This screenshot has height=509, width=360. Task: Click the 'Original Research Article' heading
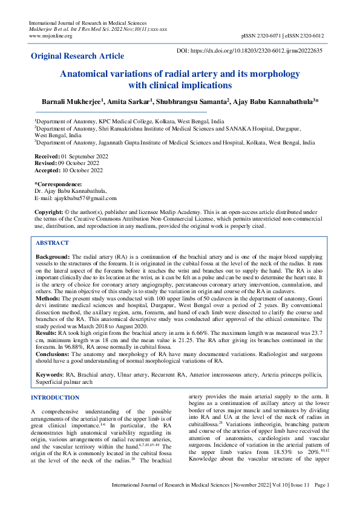click(x=77, y=56)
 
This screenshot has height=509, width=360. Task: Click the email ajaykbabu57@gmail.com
click(x=83, y=198)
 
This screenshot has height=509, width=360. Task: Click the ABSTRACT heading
click(x=52, y=242)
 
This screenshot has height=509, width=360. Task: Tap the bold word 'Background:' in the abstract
click(x=53, y=257)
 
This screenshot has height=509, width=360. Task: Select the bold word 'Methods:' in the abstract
click(x=48, y=299)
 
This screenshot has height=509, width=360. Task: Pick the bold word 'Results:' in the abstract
click(x=47, y=332)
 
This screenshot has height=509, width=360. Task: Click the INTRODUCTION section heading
click(x=54, y=397)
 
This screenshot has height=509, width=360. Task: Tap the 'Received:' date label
click(x=47, y=156)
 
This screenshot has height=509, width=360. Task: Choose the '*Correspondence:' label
click(x=58, y=184)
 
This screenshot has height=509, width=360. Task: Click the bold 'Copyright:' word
click(x=50, y=212)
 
